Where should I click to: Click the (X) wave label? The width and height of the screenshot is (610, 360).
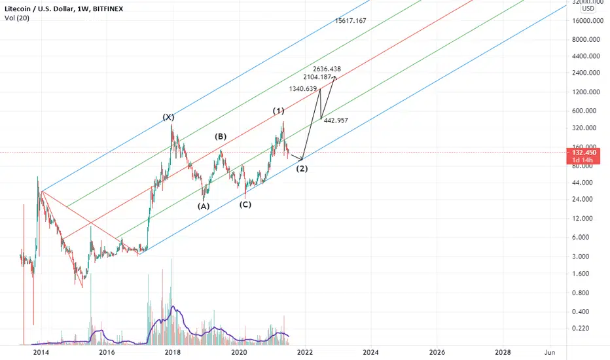[x=168, y=117]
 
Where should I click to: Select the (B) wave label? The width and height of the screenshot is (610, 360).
[x=220, y=136]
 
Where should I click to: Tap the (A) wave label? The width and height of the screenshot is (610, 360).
[x=203, y=206]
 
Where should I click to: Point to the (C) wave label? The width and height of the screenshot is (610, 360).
[x=245, y=204]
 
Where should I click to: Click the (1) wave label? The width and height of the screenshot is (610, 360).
[x=278, y=111]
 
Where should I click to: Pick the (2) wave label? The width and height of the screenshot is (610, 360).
[x=302, y=168]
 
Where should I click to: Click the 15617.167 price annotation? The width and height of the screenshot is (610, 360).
[x=351, y=21]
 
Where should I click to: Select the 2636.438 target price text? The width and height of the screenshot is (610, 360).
[x=327, y=69]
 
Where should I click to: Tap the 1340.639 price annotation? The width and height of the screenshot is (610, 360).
[x=302, y=89]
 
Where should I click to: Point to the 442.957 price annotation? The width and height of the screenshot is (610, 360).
[x=336, y=120]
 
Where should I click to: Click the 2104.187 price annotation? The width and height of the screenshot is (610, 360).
[x=317, y=77]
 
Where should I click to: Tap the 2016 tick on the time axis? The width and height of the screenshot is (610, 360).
[x=107, y=352]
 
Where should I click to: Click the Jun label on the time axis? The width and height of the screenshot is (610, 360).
[x=550, y=352]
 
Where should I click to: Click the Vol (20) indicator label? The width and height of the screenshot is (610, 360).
[x=17, y=18]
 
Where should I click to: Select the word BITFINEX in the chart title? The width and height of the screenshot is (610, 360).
[x=108, y=9]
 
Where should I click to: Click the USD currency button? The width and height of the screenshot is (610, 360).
[x=588, y=8]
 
